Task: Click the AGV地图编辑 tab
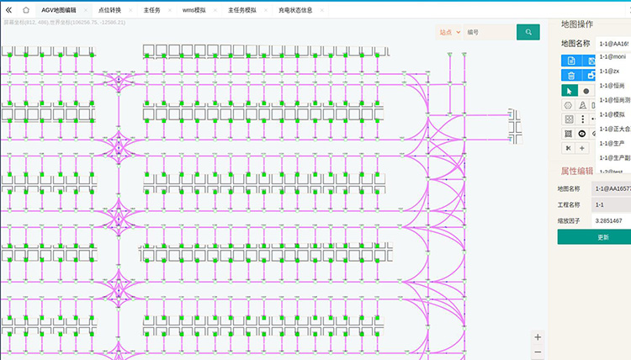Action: (58, 10)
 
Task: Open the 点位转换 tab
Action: (109, 10)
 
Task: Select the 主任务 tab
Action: (151, 10)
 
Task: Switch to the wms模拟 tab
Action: (194, 10)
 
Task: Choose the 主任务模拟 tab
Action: (242, 10)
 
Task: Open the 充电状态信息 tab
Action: (294, 10)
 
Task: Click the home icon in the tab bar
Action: (25, 10)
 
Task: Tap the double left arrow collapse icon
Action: (8, 10)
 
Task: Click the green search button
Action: (528, 32)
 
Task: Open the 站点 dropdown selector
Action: (449, 32)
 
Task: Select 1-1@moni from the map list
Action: (612, 56)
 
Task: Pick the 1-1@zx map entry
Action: (609, 71)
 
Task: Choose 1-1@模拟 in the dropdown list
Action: (612, 114)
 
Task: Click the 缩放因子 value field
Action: (611, 220)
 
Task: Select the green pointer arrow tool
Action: (570, 90)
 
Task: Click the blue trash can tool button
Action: (570, 76)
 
